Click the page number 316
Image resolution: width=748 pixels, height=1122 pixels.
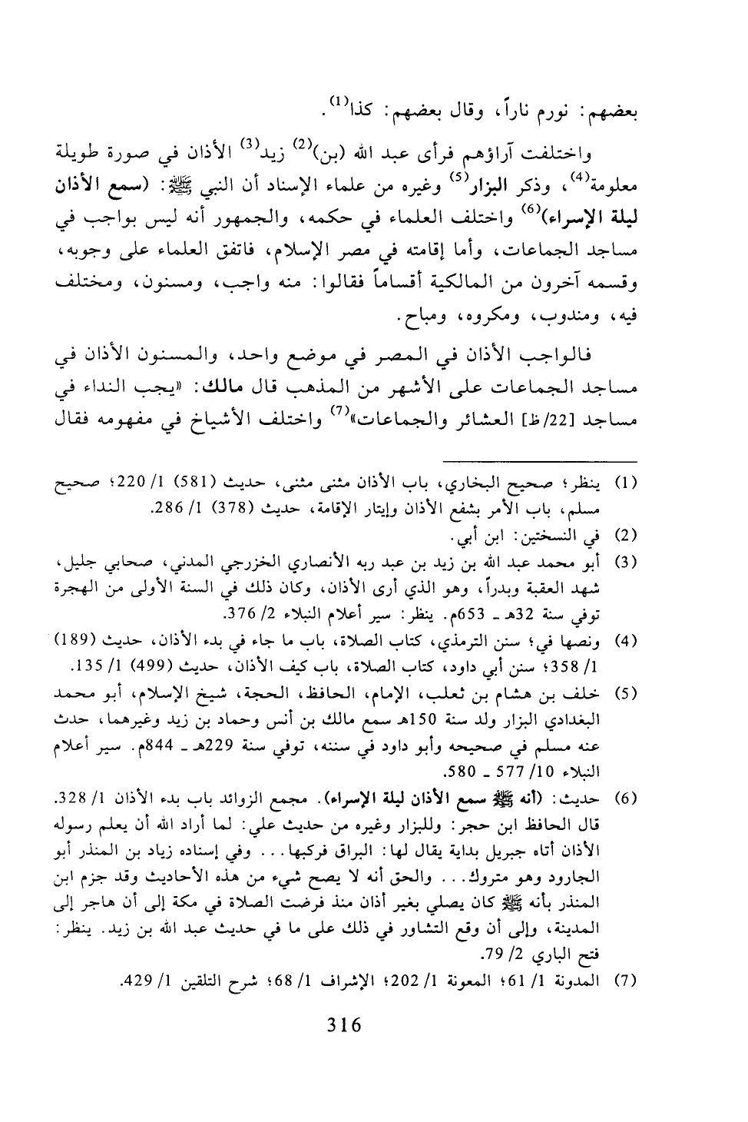(343, 1025)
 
